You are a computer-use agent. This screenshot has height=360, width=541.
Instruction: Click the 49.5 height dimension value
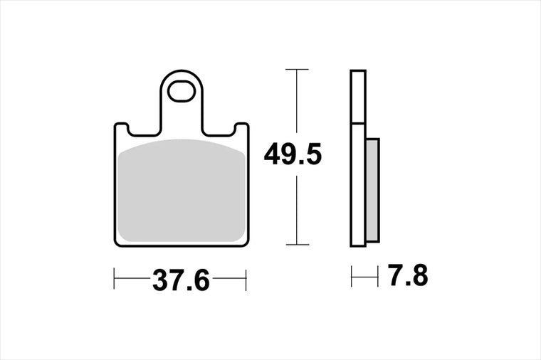click(x=293, y=154)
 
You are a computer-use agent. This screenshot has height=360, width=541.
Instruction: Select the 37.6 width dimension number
click(x=181, y=280)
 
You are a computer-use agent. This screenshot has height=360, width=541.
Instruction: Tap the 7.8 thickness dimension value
click(x=408, y=275)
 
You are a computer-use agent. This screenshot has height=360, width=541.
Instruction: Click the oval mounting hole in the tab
click(x=181, y=91)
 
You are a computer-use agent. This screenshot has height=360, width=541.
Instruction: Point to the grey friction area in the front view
click(x=182, y=191)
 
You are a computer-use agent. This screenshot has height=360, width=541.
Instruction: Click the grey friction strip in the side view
click(x=372, y=191)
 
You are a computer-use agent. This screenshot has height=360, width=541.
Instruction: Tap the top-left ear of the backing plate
click(x=121, y=129)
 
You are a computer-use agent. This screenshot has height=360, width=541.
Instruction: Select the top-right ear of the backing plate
click(x=242, y=129)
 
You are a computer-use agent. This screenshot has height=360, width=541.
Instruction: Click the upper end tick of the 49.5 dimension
click(x=297, y=70)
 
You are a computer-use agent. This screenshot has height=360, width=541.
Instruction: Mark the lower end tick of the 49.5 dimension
click(x=297, y=245)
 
